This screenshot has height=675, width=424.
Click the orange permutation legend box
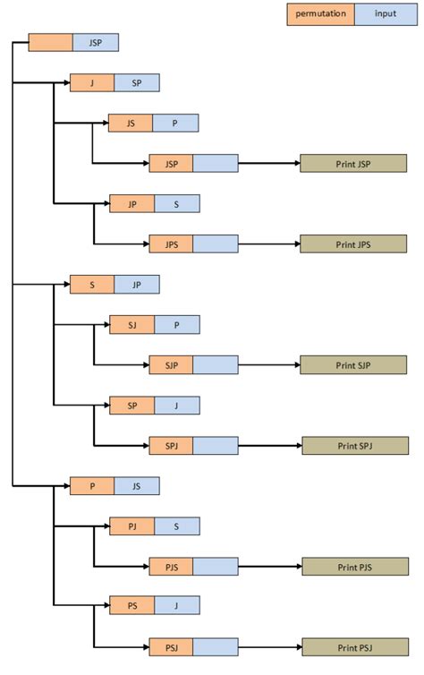(x=320, y=15)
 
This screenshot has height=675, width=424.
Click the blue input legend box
(x=386, y=15)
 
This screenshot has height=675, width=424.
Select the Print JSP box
(x=353, y=164)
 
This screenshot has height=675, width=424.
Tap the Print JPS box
(x=353, y=244)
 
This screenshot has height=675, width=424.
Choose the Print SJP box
(x=353, y=365)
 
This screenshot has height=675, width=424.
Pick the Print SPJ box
(x=354, y=446)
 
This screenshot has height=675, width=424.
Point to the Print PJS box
(x=354, y=567)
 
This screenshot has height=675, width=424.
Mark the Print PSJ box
(x=354, y=647)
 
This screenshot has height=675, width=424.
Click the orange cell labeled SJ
(x=131, y=325)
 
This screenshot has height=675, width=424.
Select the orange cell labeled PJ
(x=131, y=526)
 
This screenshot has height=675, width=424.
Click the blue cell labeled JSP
(x=95, y=43)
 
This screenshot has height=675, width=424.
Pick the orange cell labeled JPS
(x=171, y=244)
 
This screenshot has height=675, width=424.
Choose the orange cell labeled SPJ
(x=171, y=446)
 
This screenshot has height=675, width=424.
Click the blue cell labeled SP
(x=137, y=83)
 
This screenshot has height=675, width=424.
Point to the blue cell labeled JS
(x=137, y=486)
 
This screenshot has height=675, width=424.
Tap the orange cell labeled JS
(x=131, y=124)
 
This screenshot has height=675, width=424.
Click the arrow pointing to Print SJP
(x=268, y=365)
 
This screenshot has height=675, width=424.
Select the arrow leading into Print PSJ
(x=268, y=647)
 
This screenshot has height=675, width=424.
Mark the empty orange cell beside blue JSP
(x=50, y=43)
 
